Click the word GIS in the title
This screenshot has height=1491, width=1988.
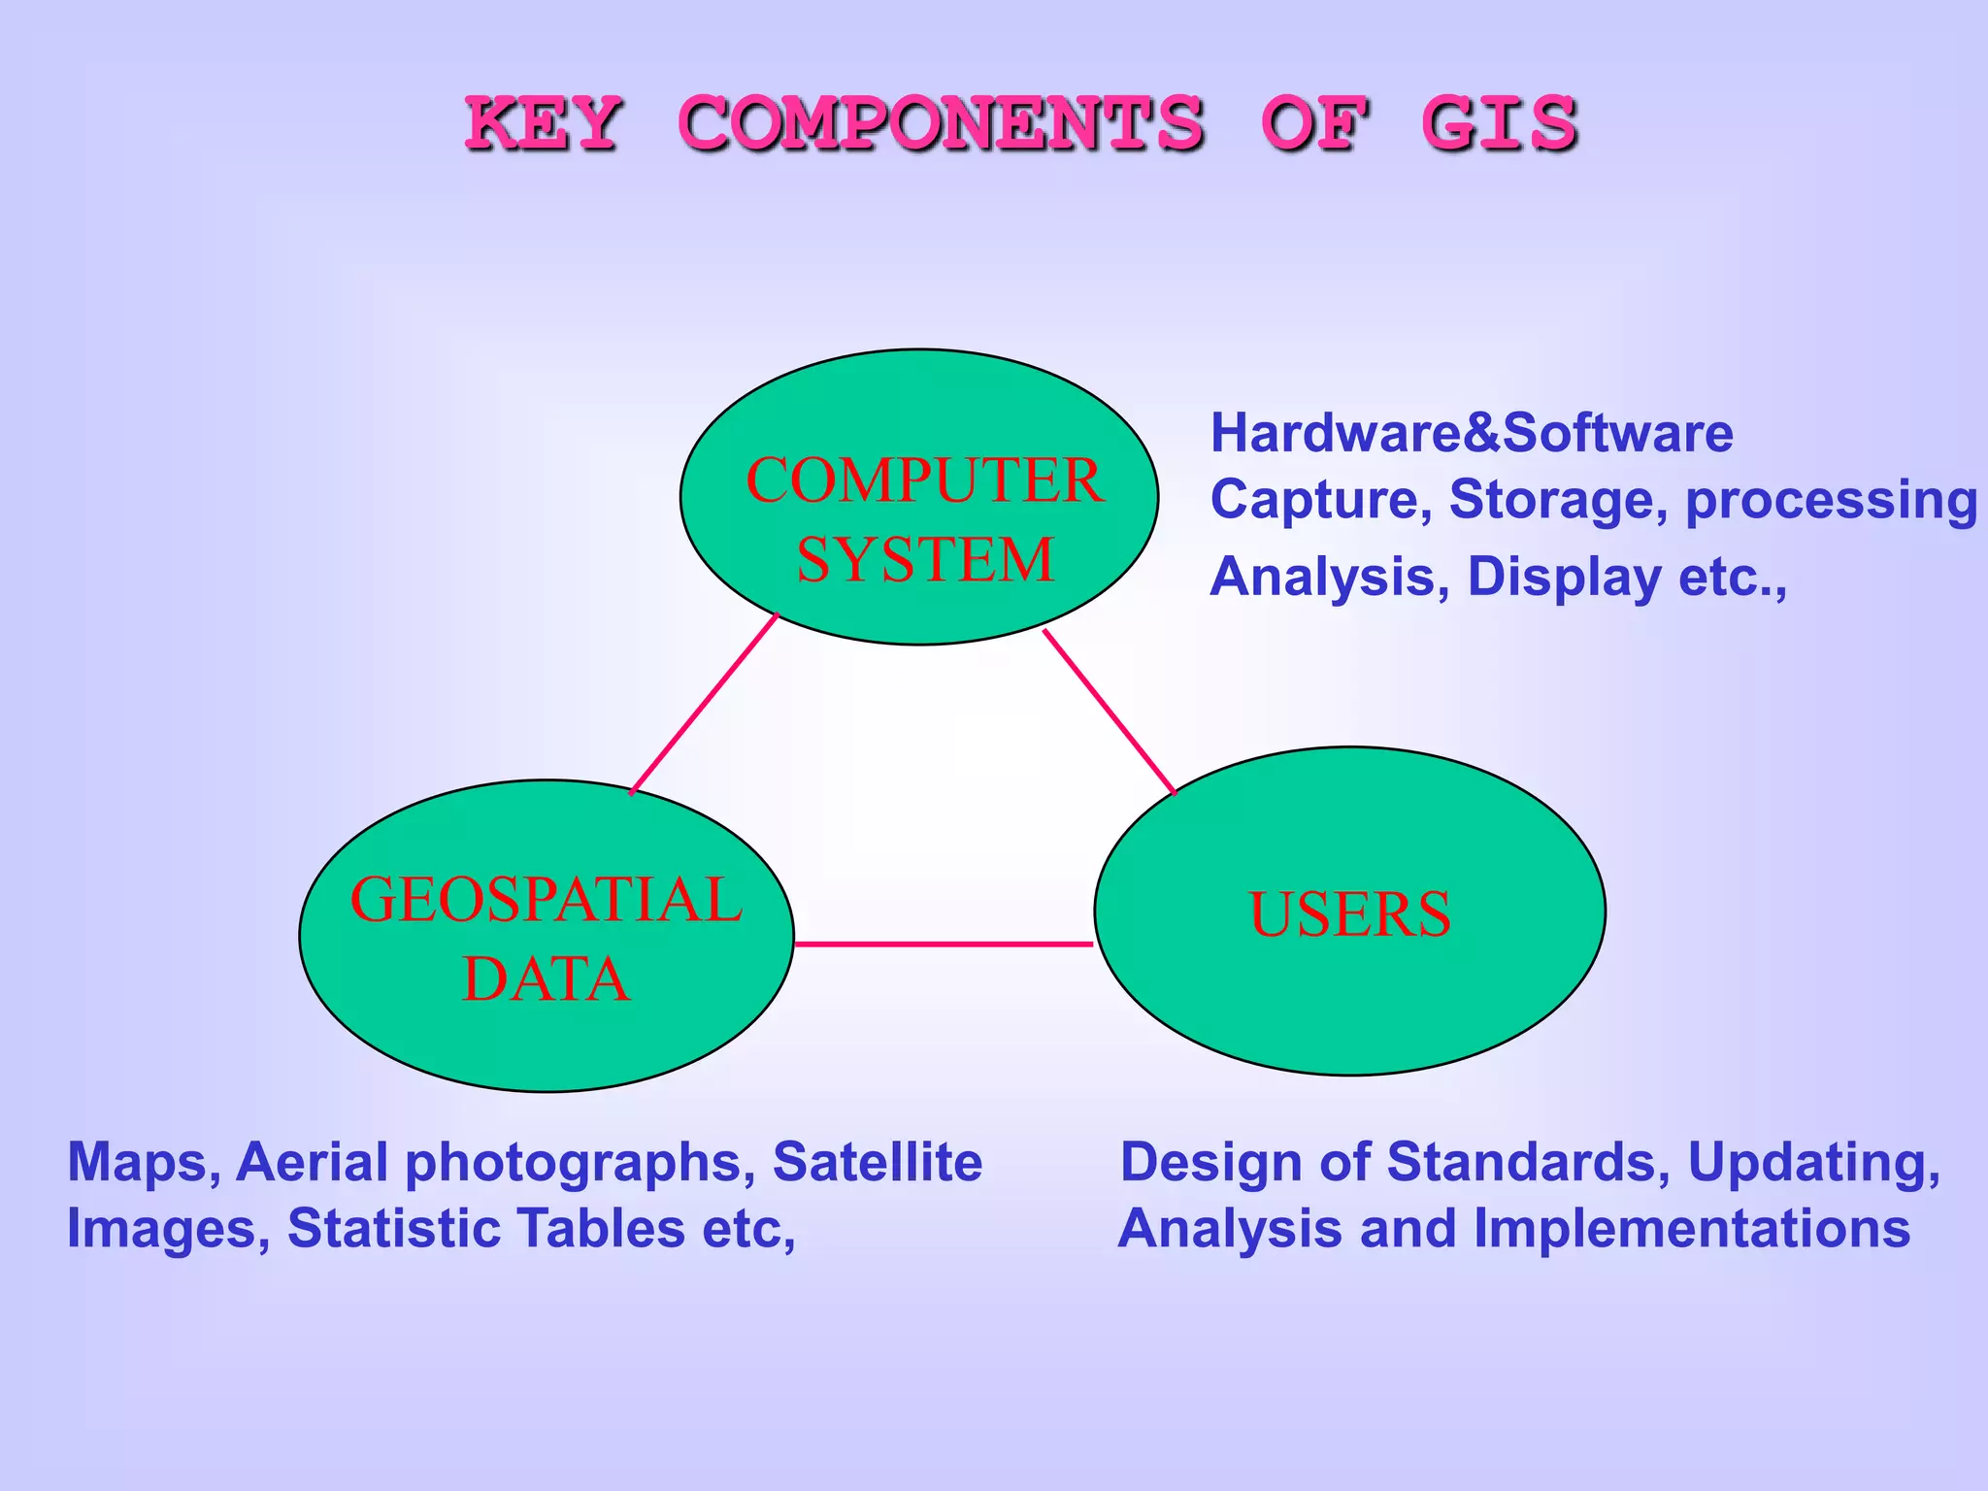(x=1500, y=123)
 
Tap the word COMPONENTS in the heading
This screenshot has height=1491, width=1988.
(x=941, y=123)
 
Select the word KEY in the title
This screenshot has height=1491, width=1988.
(x=543, y=123)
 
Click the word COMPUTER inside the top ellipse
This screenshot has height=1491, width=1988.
(x=924, y=480)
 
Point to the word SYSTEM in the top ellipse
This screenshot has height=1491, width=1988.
(x=925, y=560)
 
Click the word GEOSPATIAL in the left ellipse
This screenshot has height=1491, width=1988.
(x=547, y=900)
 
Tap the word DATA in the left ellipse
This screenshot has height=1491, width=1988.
(x=547, y=978)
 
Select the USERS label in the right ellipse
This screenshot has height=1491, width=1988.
(x=1349, y=914)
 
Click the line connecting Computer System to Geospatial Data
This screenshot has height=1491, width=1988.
(x=705, y=704)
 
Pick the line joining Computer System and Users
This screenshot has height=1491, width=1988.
(x=1110, y=712)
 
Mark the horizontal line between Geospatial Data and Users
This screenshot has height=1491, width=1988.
(x=944, y=944)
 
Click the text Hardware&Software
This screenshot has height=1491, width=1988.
(x=1471, y=433)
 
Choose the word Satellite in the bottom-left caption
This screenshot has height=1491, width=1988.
(x=878, y=1162)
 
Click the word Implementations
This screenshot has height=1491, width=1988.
(x=1692, y=1229)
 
